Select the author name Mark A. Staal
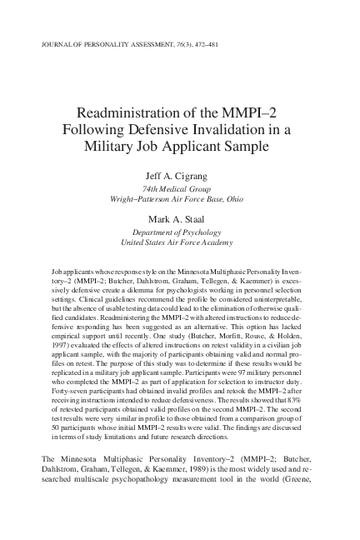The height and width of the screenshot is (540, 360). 179,222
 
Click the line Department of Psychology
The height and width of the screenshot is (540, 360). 179,235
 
